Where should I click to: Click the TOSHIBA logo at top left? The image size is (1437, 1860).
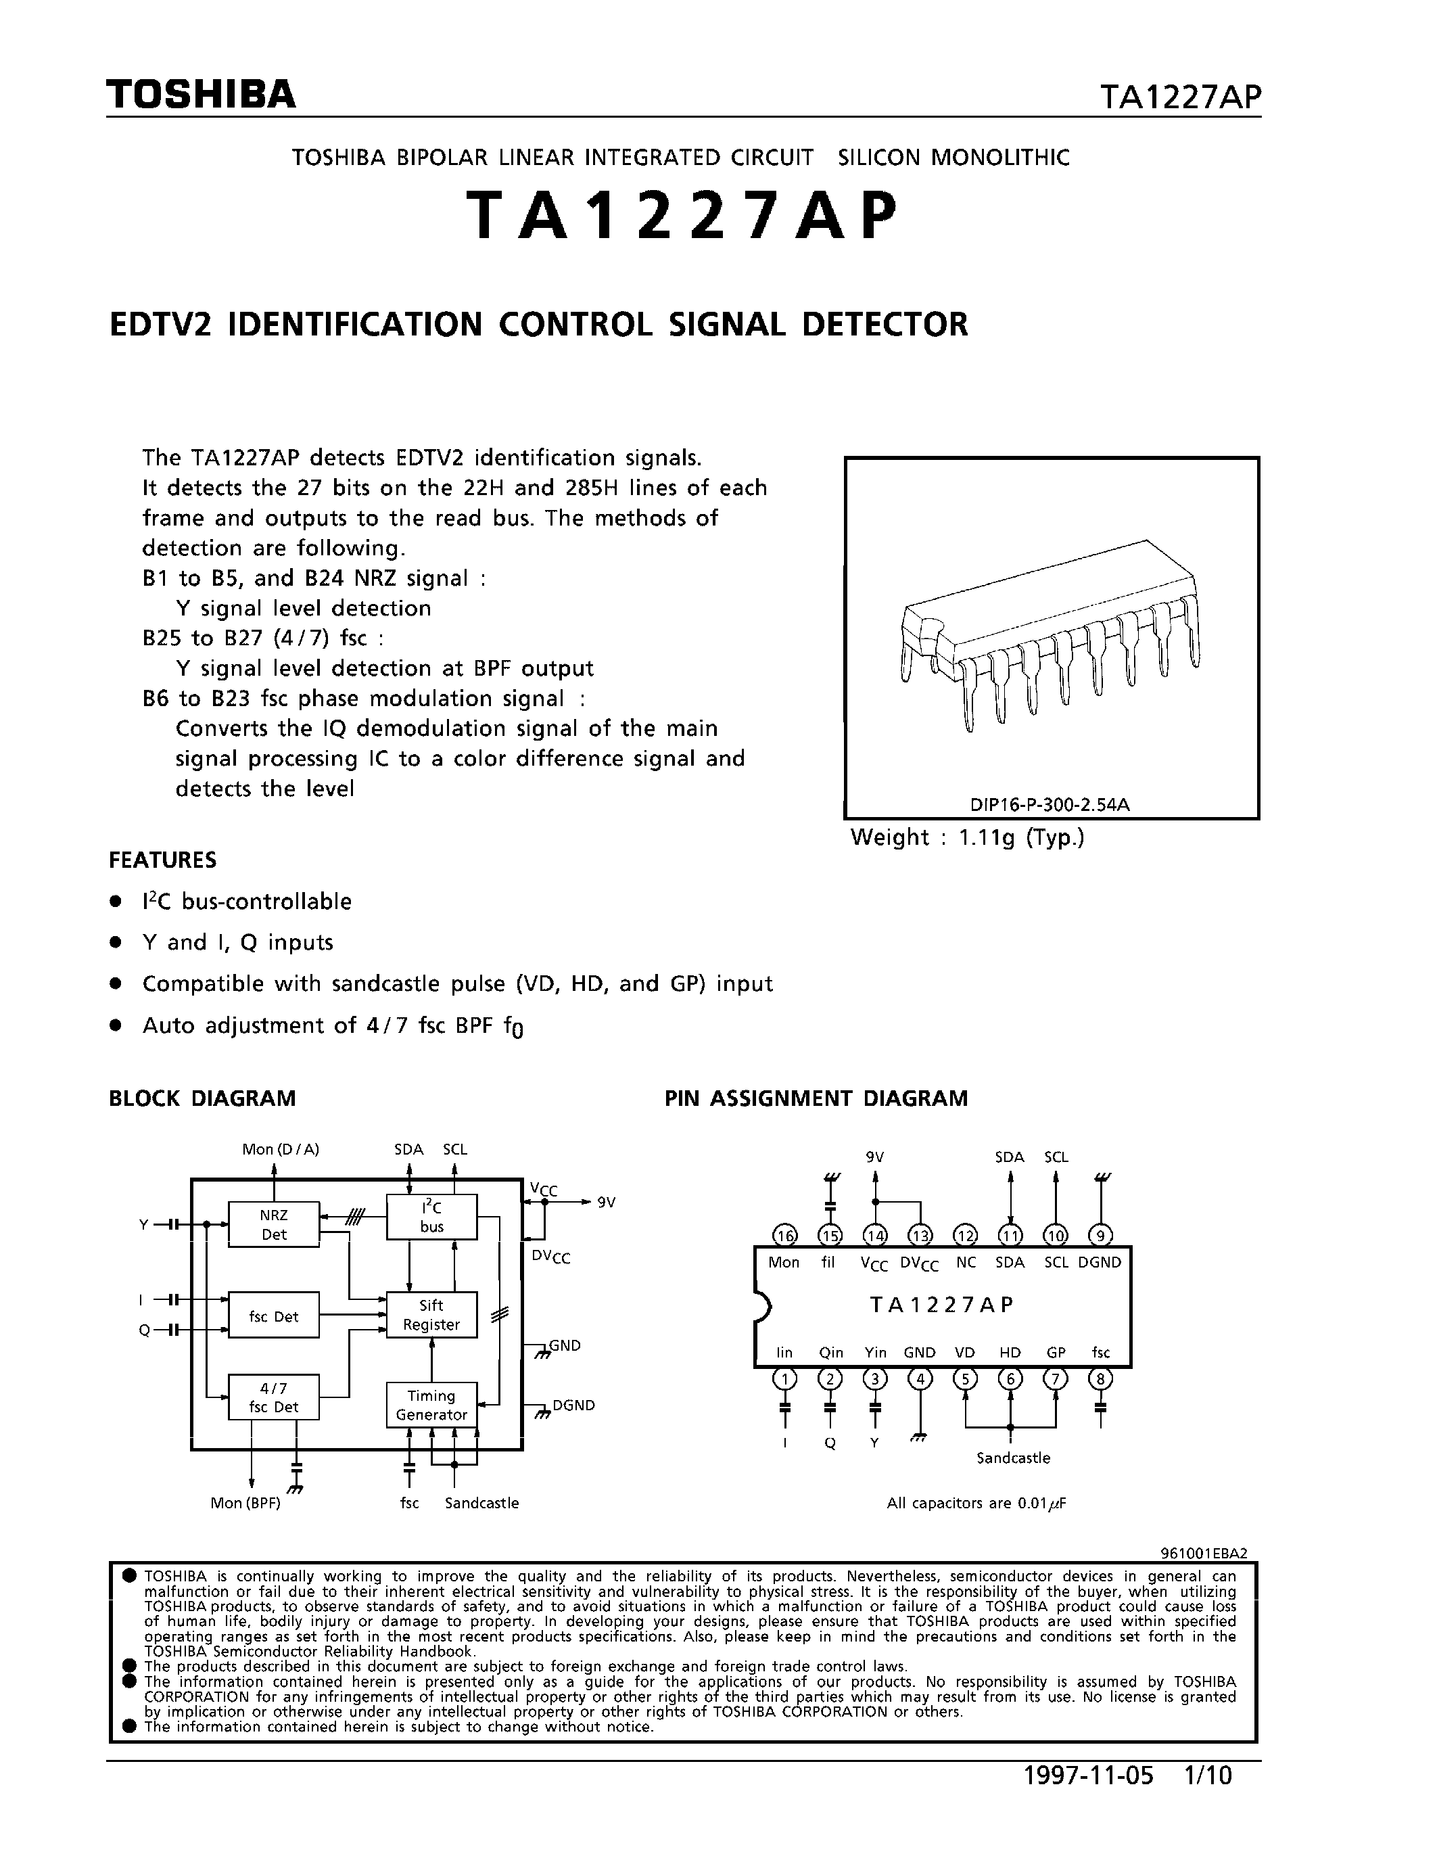coord(201,95)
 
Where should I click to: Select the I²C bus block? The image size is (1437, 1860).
coord(431,1216)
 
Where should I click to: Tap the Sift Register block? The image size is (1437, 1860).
coord(431,1315)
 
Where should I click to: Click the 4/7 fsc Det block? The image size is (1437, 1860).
coord(273,1397)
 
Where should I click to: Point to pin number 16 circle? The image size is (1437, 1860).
coord(784,1236)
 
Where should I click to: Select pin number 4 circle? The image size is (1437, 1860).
coord(920,1378)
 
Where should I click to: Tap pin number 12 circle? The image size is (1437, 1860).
coord(964,1236)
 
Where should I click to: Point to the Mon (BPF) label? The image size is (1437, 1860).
coord(245,1503)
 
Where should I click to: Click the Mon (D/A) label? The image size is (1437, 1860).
coord(280,1149)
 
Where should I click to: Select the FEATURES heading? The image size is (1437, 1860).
coord(162,860)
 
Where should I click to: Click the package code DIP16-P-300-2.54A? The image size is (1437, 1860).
coord(1050,804)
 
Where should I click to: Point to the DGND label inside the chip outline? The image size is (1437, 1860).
coord(1099,1263)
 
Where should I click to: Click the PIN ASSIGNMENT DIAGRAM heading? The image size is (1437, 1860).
coord(816,1098)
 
